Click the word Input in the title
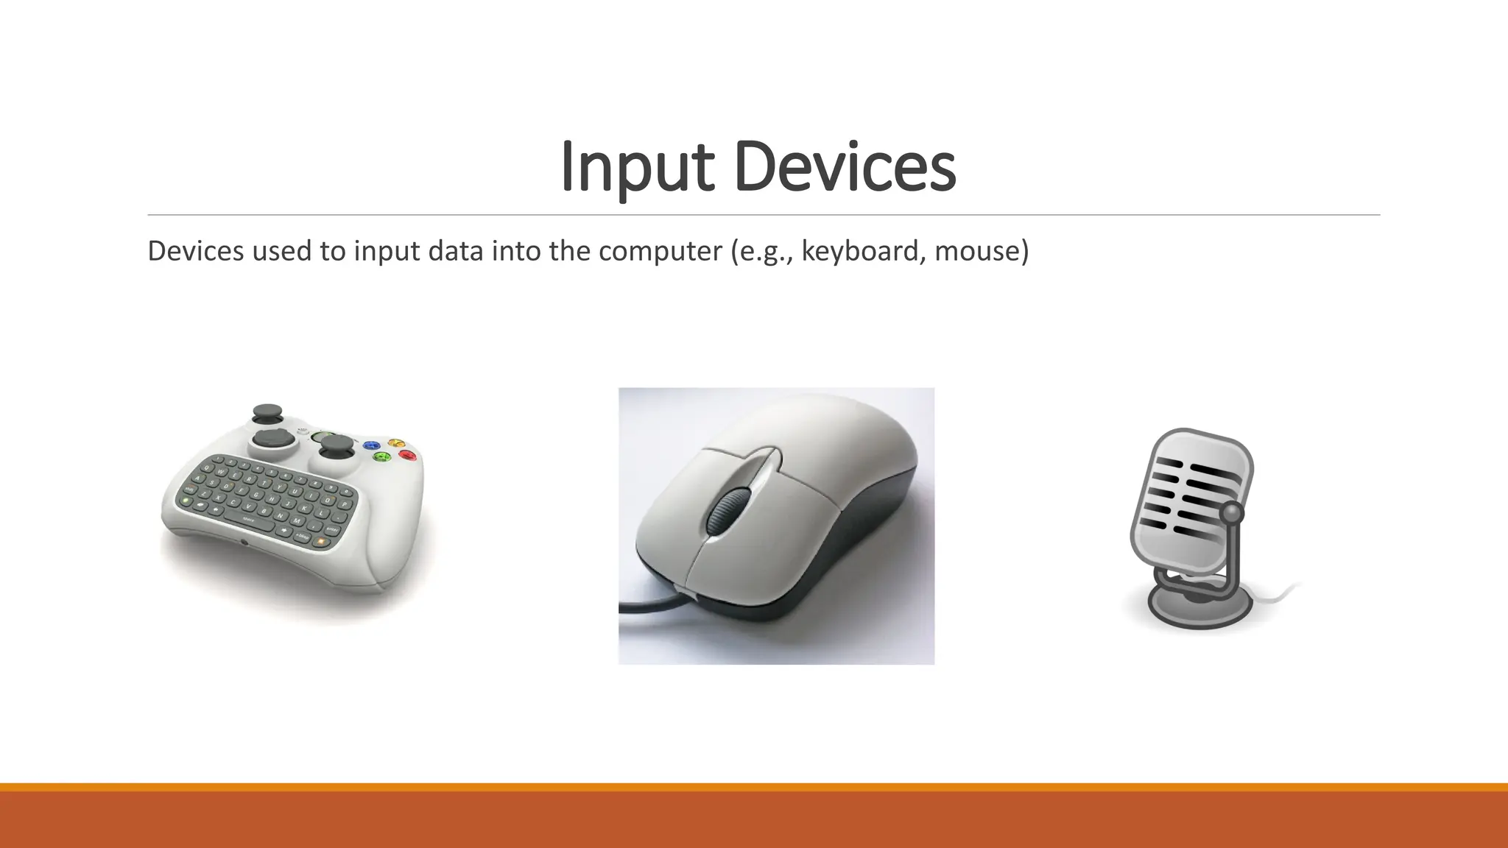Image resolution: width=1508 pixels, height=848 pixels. tap(637, 167)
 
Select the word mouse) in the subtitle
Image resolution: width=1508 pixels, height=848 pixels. tap(982, 251)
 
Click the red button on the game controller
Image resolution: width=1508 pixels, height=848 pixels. tap(407, 456)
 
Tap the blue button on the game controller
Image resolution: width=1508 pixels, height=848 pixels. tap(373, 445)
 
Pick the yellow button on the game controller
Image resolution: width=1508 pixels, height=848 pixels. tap(396, 442)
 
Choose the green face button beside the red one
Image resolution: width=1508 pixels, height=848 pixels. tap(381, 457)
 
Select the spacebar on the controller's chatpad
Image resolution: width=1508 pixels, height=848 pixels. tap(250, 520)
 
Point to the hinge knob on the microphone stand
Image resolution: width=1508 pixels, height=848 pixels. tap(1232, 512)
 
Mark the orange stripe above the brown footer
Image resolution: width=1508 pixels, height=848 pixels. tap(754, 787)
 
